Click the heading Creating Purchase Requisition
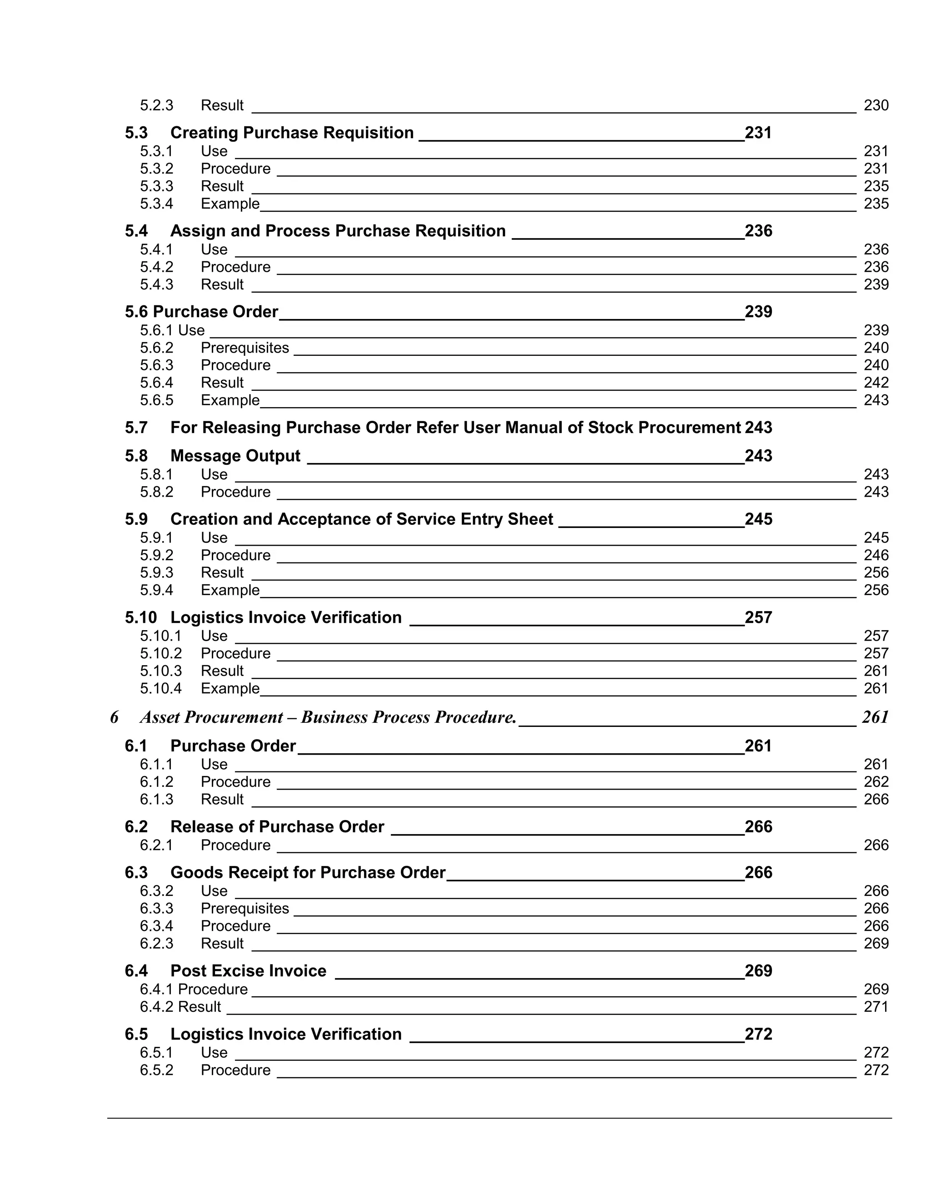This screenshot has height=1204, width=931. click(292, 133)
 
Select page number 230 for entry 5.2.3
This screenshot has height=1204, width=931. click(876, 105)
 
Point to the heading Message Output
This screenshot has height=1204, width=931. click(235, 456)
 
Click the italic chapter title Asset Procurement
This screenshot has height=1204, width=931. click(328, 717)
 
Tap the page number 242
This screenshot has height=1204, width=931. click(876, 383)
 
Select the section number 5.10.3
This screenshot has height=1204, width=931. click(160, 671)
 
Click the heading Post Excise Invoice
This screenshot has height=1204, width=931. click(248, 971)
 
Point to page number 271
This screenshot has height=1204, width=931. click(876, 1007)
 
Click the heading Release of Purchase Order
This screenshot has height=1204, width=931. click(277, 827)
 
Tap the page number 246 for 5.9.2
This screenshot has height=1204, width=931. click(876, 555)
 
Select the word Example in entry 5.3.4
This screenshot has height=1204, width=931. click(230, 204)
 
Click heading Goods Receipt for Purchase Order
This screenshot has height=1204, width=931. click(308, 873)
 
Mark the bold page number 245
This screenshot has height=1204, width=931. click(758, 519)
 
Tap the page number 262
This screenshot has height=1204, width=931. click(876, 782)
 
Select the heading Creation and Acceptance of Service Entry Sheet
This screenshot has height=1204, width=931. click(361, 519)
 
